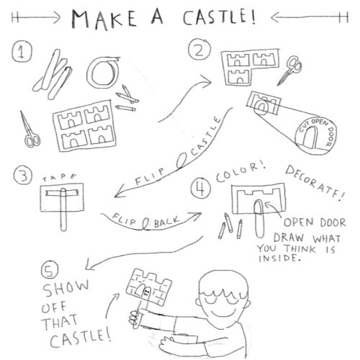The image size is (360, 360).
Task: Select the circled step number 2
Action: (x=197, y=50)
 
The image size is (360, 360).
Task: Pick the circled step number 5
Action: (x=48, y=271)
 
